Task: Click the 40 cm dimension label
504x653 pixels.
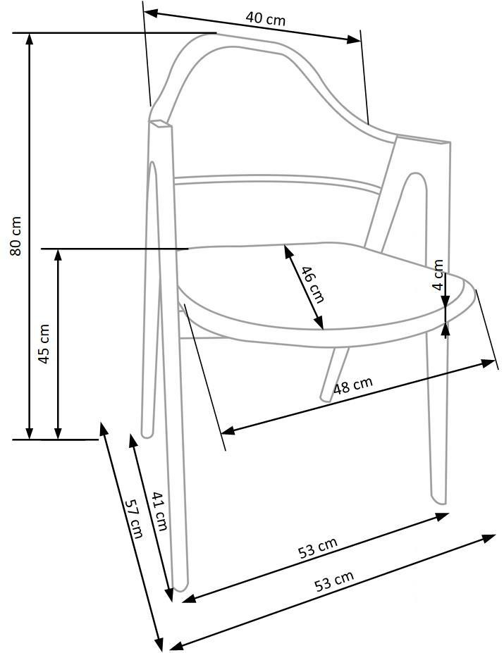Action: click(x=266, y=18)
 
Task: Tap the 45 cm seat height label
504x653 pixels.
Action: click(x=44, y=344)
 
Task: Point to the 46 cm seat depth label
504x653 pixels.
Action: click(x=311, y=284)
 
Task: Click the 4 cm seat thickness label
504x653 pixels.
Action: click(x=438, y=275)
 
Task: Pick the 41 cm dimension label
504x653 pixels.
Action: click(x=159, y=511)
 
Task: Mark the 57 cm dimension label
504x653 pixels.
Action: click(x=134, y=519)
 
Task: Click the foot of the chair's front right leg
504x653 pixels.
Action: click(x=440, y=499)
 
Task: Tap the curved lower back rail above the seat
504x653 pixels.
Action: click(x=275, y=181)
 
